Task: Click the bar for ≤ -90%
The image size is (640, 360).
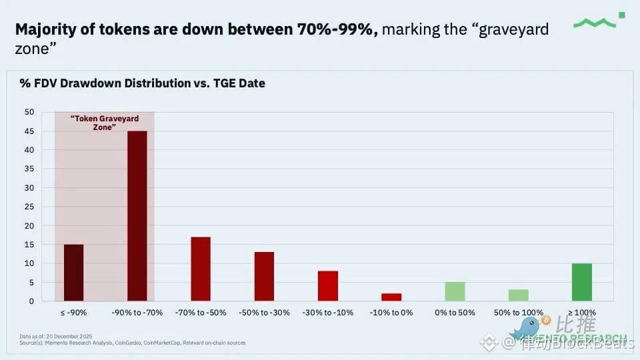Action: point(73,273)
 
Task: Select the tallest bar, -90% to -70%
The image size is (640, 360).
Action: point(137,216)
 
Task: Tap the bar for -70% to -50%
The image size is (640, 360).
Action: point(201,269)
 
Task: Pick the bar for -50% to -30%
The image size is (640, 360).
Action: point(264,276)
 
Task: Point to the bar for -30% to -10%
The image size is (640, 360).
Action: point(328,285)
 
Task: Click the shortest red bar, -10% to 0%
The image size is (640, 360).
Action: point(391,297)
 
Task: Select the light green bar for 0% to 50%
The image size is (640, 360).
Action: point(455,291)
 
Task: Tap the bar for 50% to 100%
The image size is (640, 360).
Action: point(518,295)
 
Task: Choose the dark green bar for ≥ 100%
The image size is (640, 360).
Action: point(582,282)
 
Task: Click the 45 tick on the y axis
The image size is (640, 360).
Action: point(29,131)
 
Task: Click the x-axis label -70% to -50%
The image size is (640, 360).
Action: point(201,312)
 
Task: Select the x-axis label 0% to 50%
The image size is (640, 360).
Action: point(455,312)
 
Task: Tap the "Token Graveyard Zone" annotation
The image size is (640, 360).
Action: point(105,123)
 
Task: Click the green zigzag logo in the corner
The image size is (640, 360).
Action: point(599,22)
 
